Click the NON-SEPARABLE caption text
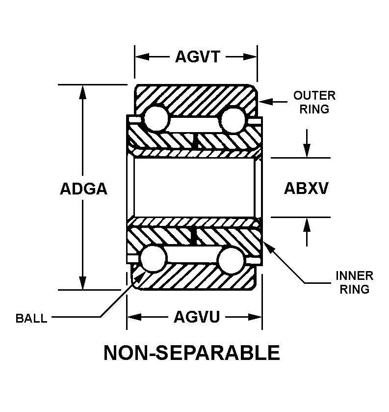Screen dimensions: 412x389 (192, 353)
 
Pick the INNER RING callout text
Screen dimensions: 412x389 (354, 282)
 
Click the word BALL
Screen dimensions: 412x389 (31, 318)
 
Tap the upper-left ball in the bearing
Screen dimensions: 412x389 (156, 118)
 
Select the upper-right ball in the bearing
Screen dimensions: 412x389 (233, 118)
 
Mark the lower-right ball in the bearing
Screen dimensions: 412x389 (232, 259)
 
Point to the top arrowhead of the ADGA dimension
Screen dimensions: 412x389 (83, 91)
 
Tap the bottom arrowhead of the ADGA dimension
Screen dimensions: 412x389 (83, 283)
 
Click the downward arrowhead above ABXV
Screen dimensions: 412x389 (307, 151)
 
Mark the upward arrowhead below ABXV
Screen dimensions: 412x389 (307, 224)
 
